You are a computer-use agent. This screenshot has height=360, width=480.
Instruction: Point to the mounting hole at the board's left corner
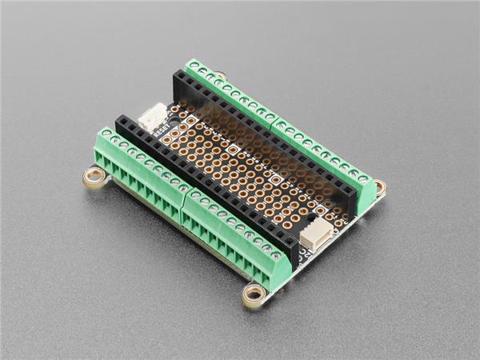pyautogui.click(x=94, y=176)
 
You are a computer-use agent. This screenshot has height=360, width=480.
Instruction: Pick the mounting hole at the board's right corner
pyautogui.click(x=379, y=188)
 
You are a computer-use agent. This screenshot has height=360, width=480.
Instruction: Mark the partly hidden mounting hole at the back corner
pyautogui.click(x=221, y=76)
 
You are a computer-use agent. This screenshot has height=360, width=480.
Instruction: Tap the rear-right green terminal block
pyautogui.click(x=324, y=156)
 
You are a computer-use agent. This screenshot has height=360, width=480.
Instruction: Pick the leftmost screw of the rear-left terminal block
pyautogui.click(x=193, y=65)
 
